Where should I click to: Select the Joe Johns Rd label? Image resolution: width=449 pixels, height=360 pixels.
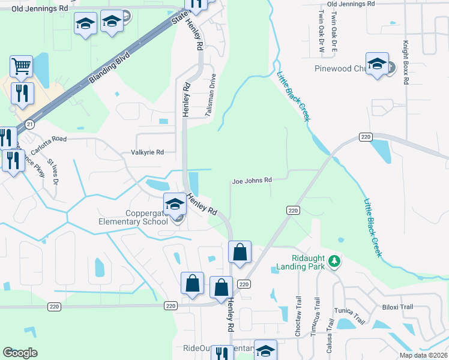tap(252, 180)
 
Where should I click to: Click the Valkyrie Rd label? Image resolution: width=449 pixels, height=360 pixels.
tap(147, 153)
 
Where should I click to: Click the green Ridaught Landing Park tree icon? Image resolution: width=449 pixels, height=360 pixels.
tap(335, 262)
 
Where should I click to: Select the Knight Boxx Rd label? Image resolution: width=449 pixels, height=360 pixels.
tap(406, 62)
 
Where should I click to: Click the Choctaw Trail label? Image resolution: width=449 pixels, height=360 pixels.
tap(298, 315)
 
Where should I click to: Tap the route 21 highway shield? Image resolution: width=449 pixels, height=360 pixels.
tap(29, 124)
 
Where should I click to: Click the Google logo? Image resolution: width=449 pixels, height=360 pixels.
tap(20, 353)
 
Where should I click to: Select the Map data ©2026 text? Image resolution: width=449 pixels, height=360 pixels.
tap(423, 355)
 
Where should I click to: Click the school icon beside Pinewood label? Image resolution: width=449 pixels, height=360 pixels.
tap(377, 64)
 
